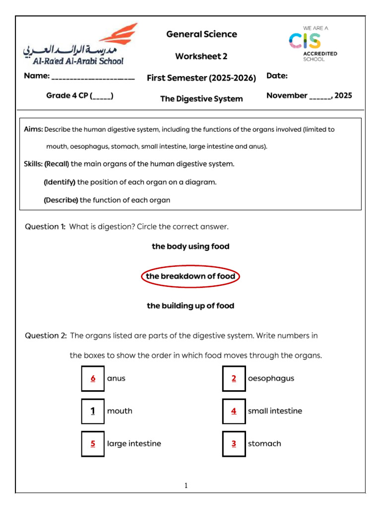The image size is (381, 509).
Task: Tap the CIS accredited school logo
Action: coord(313,43)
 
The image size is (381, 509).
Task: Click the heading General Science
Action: coord(201,34)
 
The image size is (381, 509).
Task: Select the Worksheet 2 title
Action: coord(201,56)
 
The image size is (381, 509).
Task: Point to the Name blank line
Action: coord(93,77)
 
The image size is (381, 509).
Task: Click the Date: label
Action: coord(277,76)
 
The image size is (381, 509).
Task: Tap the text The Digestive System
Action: coord(201,98)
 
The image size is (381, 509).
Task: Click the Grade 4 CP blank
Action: coord(102,96)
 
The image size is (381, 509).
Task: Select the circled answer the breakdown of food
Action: coord(190,276)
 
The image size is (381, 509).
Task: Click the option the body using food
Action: coord(190,247)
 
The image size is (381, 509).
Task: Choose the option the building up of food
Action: coord(190,306)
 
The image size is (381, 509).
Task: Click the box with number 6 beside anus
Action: coord(93,379)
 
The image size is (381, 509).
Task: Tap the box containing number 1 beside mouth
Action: coord(93,411)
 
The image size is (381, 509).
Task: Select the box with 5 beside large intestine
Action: coord(93,444)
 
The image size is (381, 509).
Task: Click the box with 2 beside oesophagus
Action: coord(234,379)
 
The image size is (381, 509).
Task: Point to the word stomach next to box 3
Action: coord(264,443)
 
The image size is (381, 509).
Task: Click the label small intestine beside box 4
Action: coord(275,411)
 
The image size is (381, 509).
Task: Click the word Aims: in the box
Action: coord(33,129)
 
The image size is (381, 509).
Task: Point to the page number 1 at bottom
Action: coord(186,486)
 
